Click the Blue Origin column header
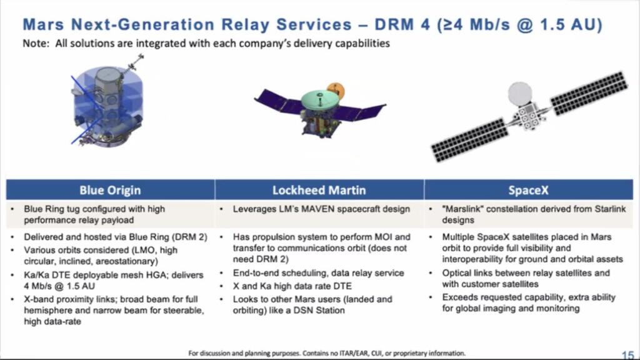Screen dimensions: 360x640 (x=110, y=190)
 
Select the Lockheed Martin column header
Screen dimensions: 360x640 (x=319, y=190)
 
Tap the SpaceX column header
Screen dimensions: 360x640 (x=528, y=190)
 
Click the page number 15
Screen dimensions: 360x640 (x=627, y=354)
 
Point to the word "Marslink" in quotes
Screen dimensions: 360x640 (x=462, y=209)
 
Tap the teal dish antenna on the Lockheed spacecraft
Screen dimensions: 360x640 (x=319, y=99)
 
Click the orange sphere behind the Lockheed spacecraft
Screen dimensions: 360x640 (x=336, y=88)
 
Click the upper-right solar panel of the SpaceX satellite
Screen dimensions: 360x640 (x=588, y=93)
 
